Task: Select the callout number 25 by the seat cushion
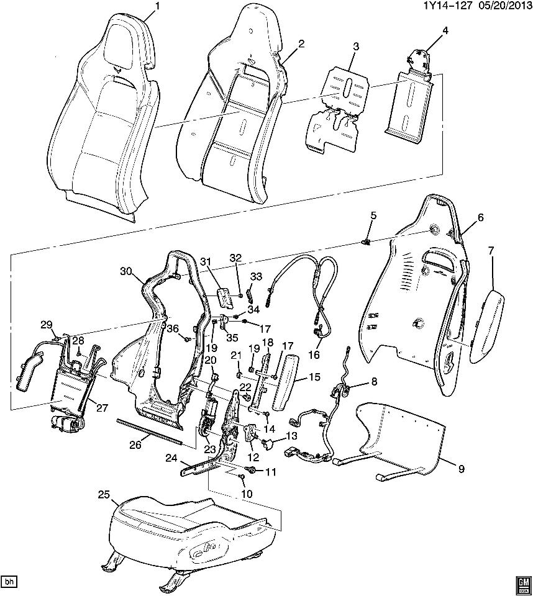pyautogui.click(x=104, y=494)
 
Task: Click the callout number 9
pyautogui.click(x=461, y=469)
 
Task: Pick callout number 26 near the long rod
pyautogui.click(x=136, y=445)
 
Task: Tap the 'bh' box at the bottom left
pyautogui.click(x=9, y=582)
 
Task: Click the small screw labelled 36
pyautogui.click(x=186, y=339)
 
